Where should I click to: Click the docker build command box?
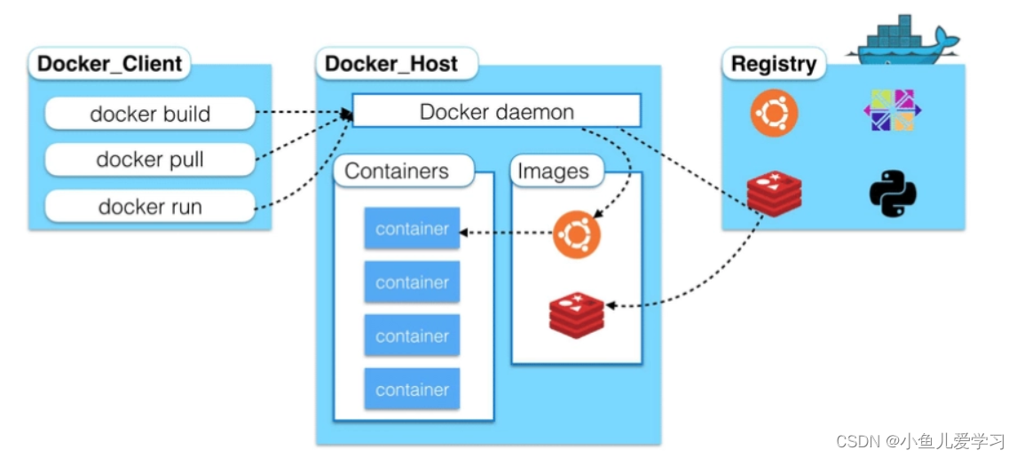pyautogui.click(x=150, y=114)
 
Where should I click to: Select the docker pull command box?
pyautogui.click(x=150, y=160)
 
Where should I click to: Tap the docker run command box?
pyautogui.click(x=150, y=206)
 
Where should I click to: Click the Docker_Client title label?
pyautogui.click(x=110, y=64)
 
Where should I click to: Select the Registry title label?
pyautogui.click(x=774, y=64)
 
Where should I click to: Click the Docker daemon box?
pyautogui.click(x=496, y=111)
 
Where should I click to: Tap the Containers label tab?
pyautogui.click(x=402, y=171)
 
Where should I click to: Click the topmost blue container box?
pyautogui.click(x=412, y=228)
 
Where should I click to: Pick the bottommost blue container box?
pyautogui.click(x=412, y=389)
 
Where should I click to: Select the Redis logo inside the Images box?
pyautogui.click(x=577, y=315)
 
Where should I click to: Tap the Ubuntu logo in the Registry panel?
pyautogui.click(x=774, y=113)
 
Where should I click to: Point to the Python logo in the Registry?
pyautogui.click(x=893, y=194)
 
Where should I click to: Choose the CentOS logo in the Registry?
pyautogui.click(x=893, y=110)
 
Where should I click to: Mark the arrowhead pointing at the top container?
pyautogui.click(x=464, y=232)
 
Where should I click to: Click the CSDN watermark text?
pyautogui.click(x=920, y=442)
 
